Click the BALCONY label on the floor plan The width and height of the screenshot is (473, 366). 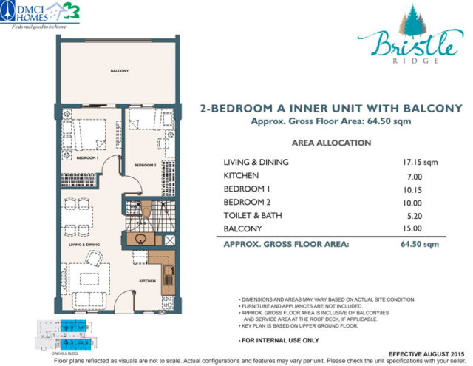(120, 71)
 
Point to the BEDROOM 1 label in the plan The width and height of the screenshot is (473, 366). (87, 157)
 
